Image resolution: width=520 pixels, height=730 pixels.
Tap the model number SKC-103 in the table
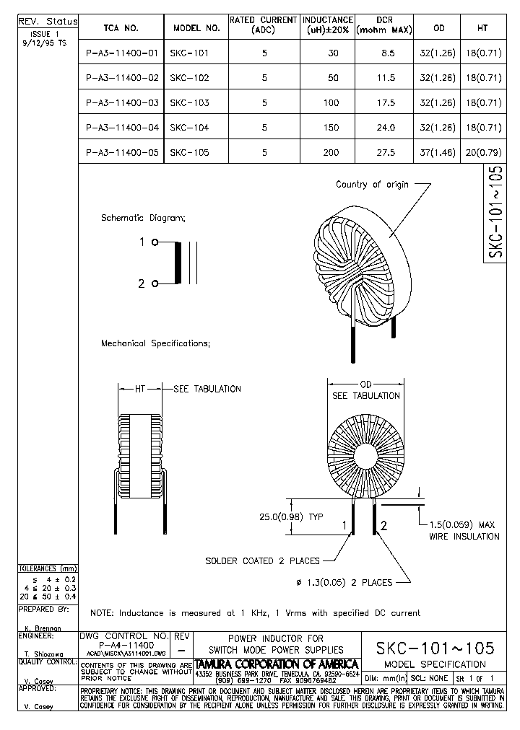(189, 103)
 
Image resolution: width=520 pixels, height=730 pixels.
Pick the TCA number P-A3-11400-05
(121, 153)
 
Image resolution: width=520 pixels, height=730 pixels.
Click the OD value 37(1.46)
(438, 153)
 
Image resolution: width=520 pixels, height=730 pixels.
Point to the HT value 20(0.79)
(482, 153)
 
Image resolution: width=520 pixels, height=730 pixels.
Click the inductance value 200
(331, 153)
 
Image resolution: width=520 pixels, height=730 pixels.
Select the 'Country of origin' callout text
(372, 185)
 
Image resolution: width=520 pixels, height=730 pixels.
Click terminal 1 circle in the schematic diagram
(155, 242)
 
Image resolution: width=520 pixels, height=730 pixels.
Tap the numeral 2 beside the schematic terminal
(142, 284)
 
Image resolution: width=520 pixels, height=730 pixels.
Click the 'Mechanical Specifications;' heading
(155, 343)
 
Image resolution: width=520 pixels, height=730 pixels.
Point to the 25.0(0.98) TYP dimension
(292, 516)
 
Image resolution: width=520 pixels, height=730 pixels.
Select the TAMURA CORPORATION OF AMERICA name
(277, 663)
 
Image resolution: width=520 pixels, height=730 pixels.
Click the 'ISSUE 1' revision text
(46, 34)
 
